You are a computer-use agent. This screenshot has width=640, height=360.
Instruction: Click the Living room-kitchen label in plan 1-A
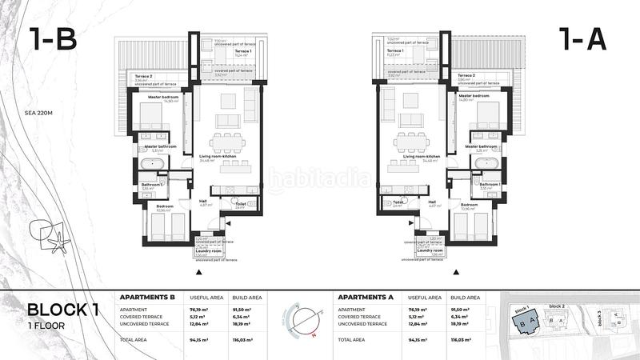point(421,157)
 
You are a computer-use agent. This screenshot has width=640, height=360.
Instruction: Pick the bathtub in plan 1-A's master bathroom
point(486,163)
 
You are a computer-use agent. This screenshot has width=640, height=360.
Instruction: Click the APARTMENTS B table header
point(147,297)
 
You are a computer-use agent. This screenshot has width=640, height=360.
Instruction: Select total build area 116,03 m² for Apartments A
point(462,339)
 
